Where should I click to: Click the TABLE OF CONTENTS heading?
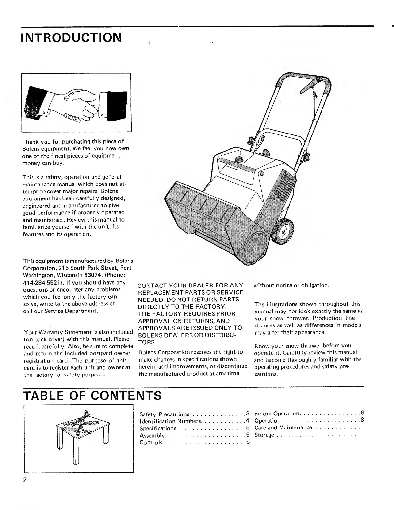click(92, 395)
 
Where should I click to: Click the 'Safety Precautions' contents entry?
click(164, 414)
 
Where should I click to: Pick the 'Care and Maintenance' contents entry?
click(283, 428)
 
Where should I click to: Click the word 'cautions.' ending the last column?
click(266, 374)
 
